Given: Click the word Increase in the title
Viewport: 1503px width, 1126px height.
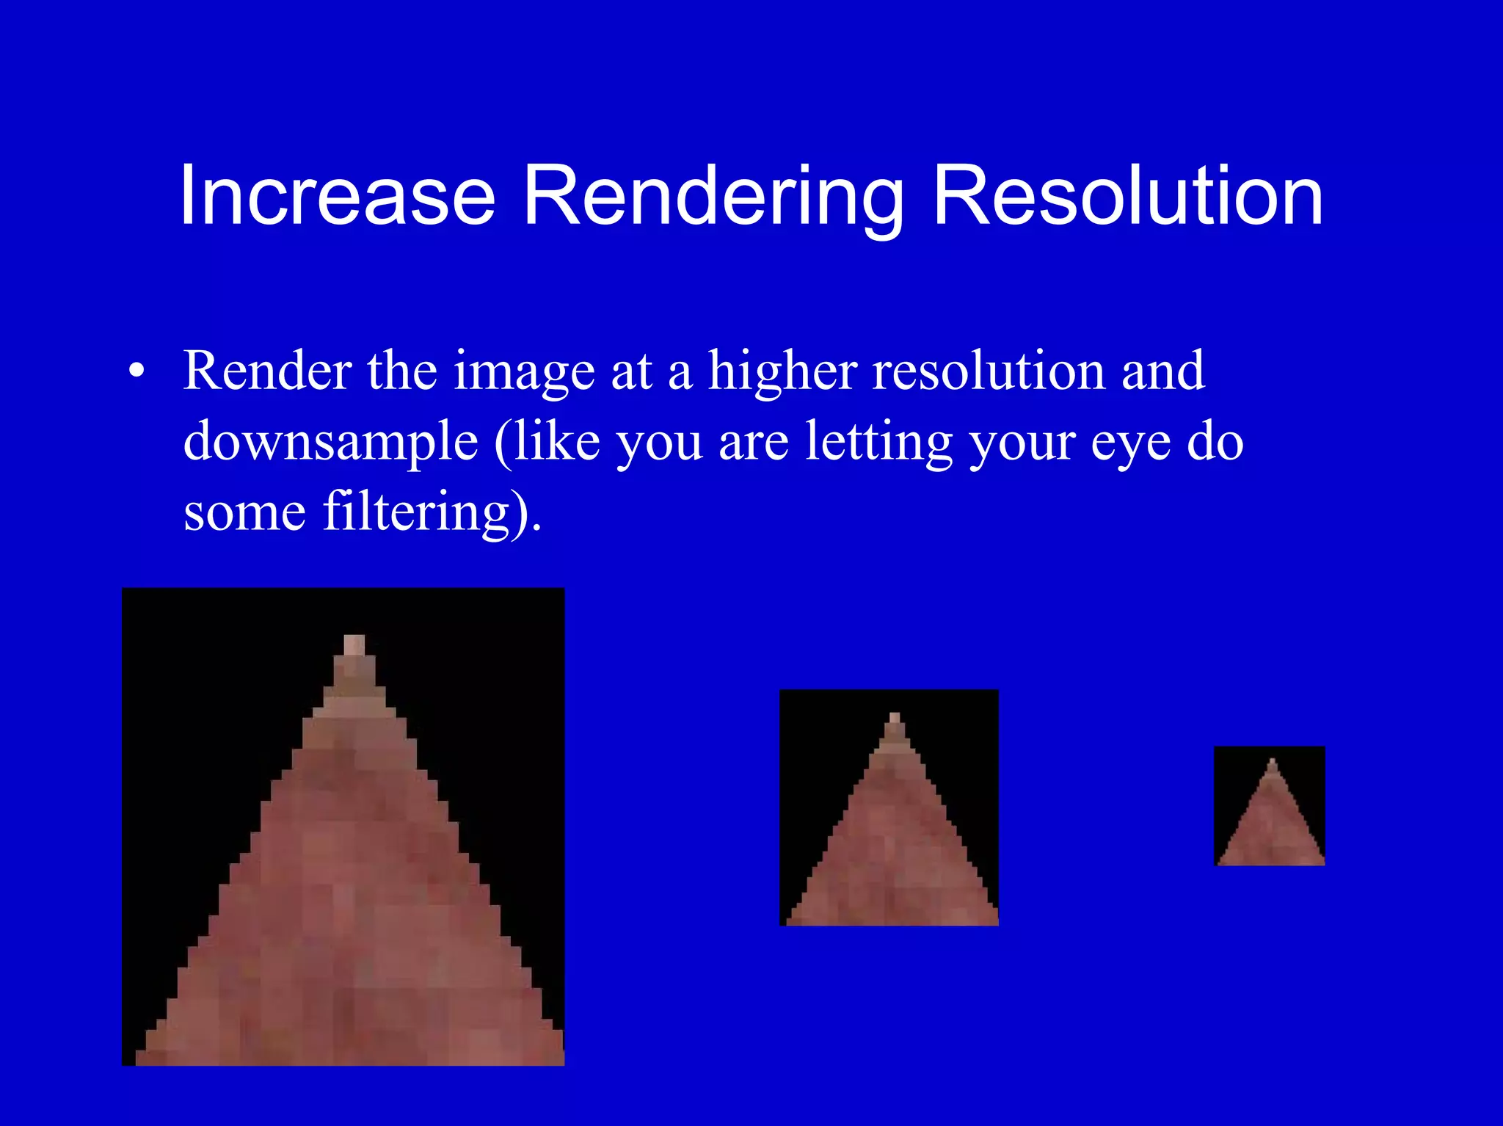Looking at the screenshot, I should pyautogui.click(x=337, y=196).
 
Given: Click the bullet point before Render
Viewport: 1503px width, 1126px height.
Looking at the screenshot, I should pyautogui.click(x=136, y=371).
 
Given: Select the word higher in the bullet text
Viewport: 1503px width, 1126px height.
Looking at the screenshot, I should pyautogui.click(x=782, y=371).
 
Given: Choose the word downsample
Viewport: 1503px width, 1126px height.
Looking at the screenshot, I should pyautogui.click(x=330, y=442).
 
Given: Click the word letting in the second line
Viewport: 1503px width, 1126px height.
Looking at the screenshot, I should pyautogui.click(x=879, y=442).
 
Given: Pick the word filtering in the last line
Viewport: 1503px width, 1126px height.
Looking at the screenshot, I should pyautogui.click(x=415, y=512).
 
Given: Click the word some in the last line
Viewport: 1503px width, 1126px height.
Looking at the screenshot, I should pyautogui.click(x=244, y=512).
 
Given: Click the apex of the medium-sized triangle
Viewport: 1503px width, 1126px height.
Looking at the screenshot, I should pyautogui.click(x=894, y=717).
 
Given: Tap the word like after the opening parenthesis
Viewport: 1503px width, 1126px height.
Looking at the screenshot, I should pyautogui.click(x=557, y=442).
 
